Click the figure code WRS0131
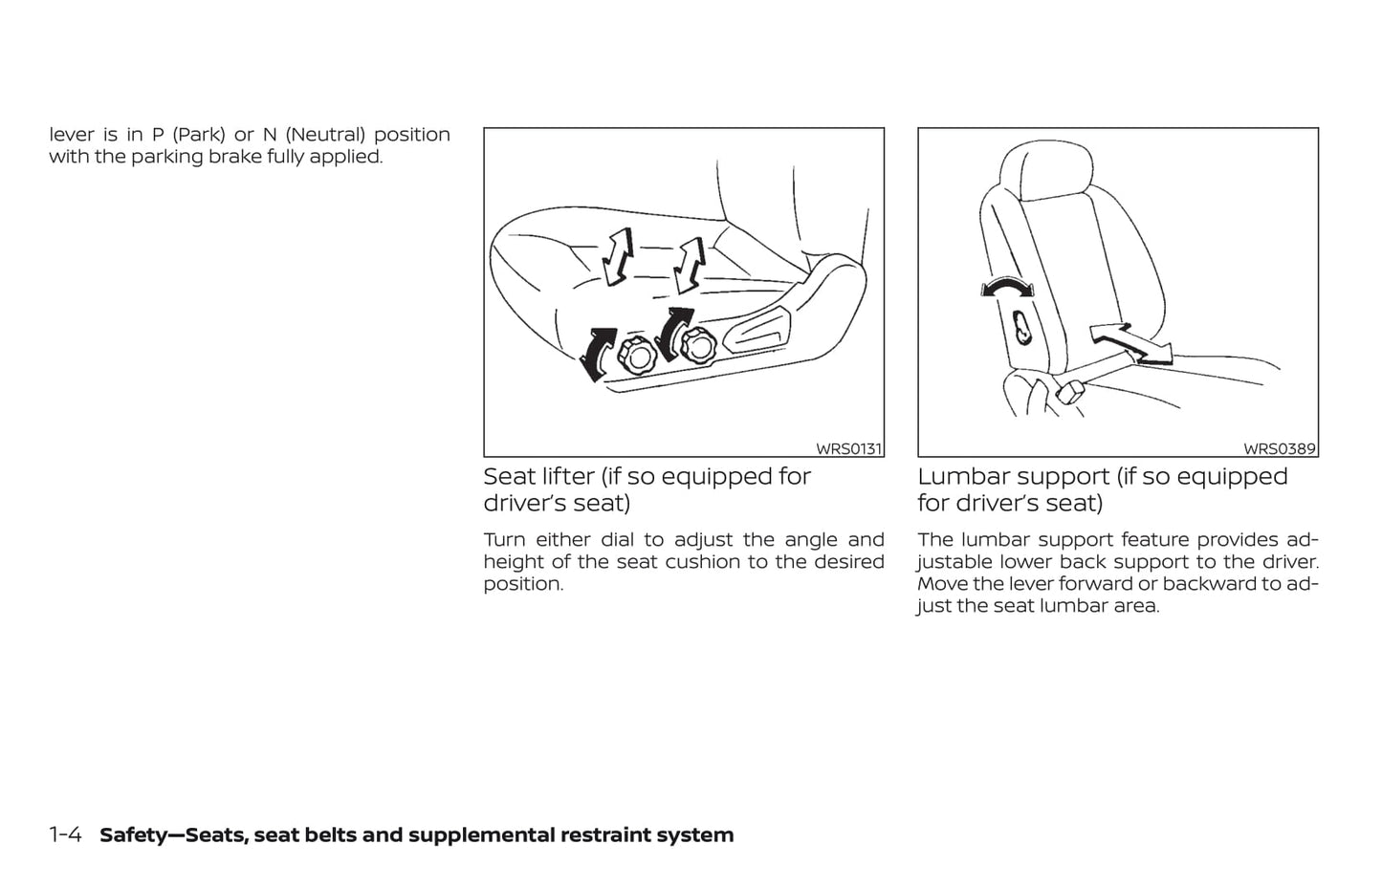tap(848, 449)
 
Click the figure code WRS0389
tap(1280, 449)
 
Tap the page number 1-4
tap(65, 835)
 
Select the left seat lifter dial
tap(637, 356)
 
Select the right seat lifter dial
tap(697, 345)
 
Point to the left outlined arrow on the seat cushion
tap(618, 256)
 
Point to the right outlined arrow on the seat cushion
tap(690, 265)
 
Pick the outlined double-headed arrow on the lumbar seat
tap(1130, 344)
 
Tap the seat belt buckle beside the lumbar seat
tap(1070, 393)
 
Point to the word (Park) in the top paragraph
tap(199, 135)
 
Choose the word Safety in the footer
tap(133, 835)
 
